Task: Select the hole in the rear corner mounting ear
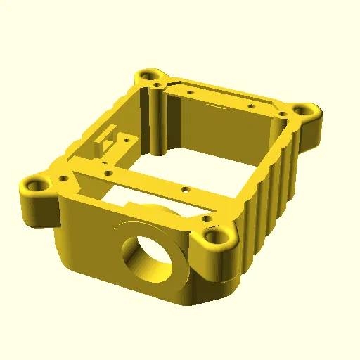pyautogui.click(x=148, y=74)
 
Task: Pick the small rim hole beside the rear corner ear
pyautogui.click(x=190, y=91)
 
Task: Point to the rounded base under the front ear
pyautogui.click(x=218, y=281)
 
